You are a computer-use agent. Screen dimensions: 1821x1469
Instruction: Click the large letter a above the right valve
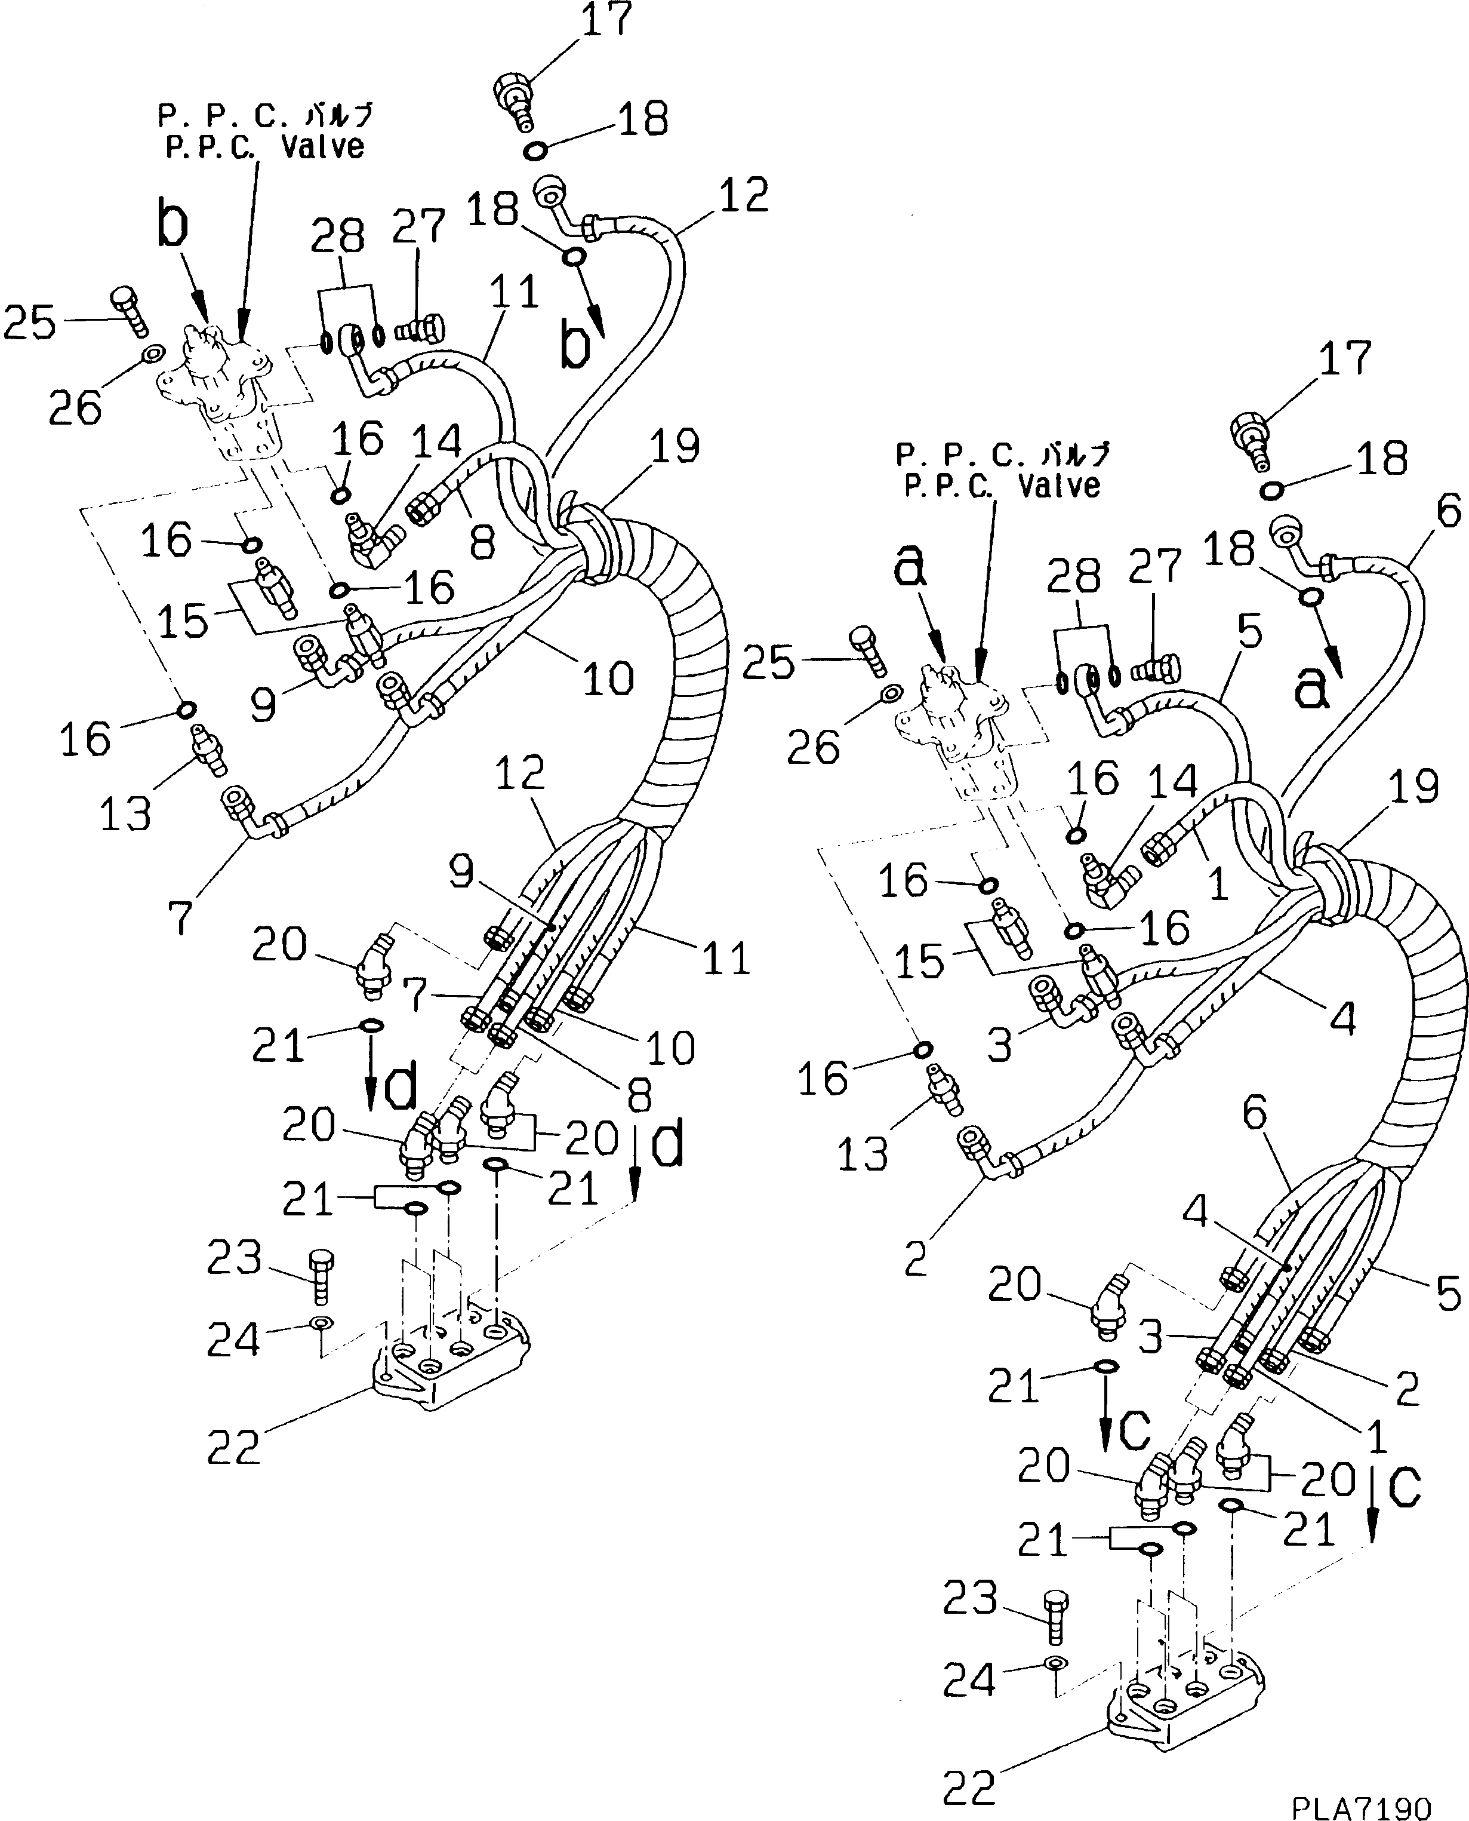point(910,567)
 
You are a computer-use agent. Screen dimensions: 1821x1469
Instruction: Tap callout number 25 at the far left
point(30,323)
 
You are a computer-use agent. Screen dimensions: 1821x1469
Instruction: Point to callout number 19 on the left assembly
point(675,446)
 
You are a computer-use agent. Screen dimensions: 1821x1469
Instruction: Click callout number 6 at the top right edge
point(1449,512)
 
